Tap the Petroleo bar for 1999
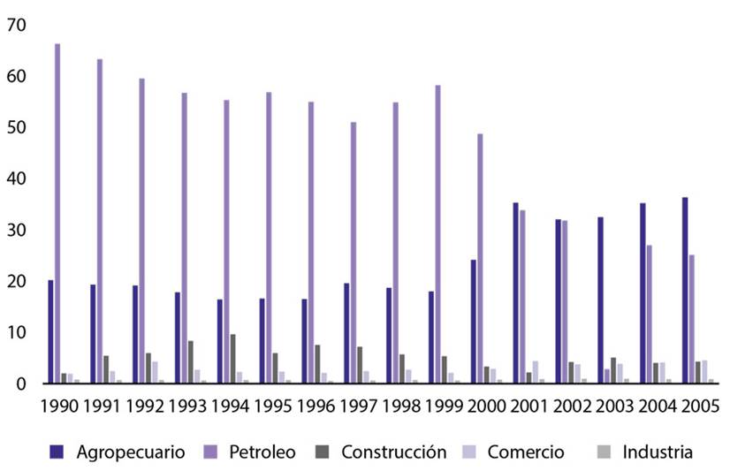click(437, 234)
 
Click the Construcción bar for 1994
click(233, 359)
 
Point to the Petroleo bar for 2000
click(480, 258)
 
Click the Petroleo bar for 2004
click(650, 314)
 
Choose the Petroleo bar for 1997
click(354, 253)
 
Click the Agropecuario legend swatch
click(57, 452)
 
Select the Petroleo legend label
click(262, 452)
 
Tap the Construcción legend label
click(393, 452)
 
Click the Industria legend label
click(658, 452)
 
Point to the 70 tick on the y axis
click(15, 26)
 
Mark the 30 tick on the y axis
click(15, 230)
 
